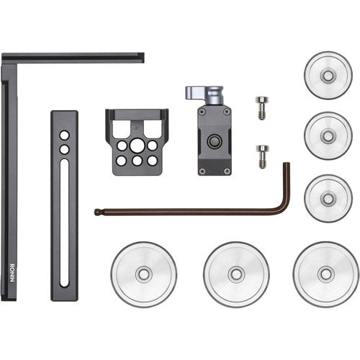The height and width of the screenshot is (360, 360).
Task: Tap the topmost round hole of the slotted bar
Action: [65, 135]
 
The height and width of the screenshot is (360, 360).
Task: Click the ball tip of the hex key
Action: [98, 212]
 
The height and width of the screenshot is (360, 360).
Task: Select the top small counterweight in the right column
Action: [328, 75]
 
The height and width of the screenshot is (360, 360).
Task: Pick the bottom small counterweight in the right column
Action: [328, 197]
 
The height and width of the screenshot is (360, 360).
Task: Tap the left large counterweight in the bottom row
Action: [143, 274]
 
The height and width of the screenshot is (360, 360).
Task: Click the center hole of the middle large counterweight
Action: [235, 274]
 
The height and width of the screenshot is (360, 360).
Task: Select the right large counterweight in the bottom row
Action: [325, 274]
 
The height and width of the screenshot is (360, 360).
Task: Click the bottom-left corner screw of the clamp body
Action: [202, 170]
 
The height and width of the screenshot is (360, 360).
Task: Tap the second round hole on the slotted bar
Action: [65, 149]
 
